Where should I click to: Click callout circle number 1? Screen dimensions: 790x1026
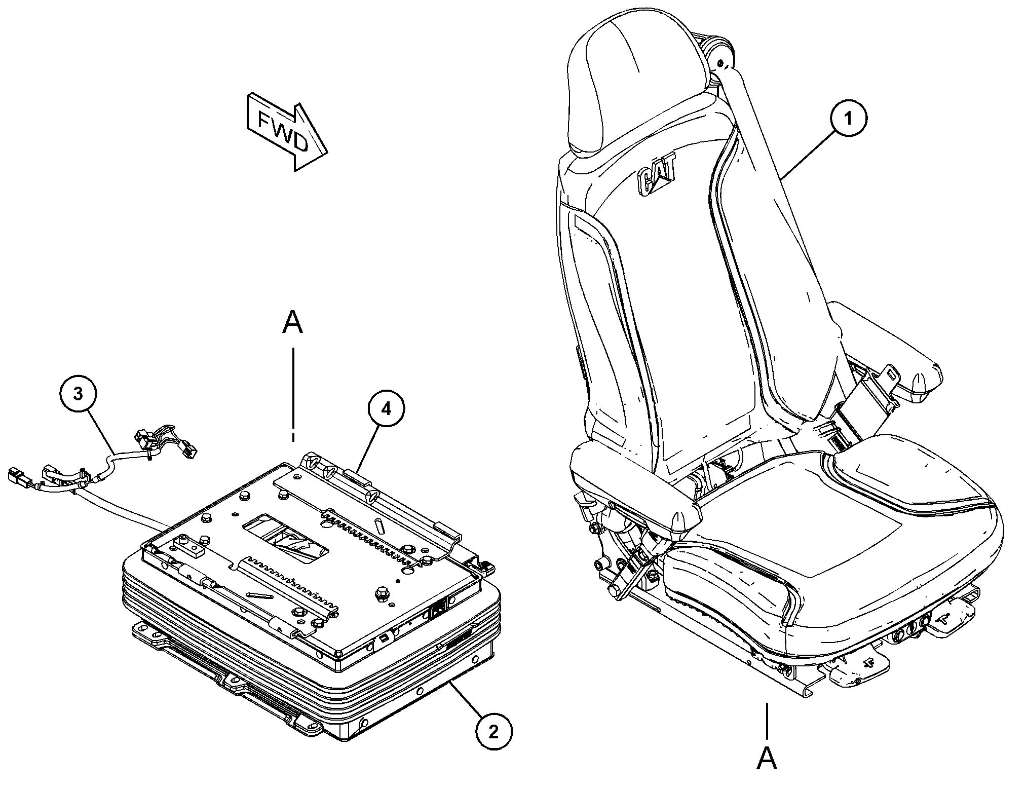[848, 118]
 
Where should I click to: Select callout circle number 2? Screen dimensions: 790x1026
[494, 732]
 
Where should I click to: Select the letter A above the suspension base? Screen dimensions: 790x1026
[292, 323]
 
